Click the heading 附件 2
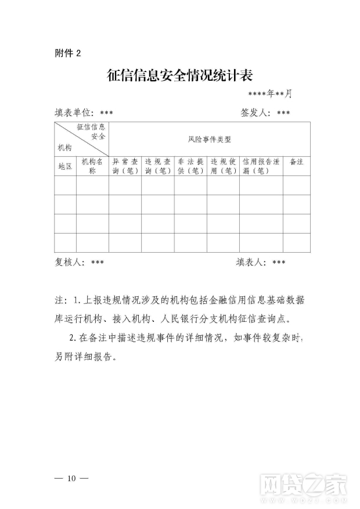pos(68,53)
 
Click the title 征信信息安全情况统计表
pos(180,76)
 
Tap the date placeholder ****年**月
pos(269,94)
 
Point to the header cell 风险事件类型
pos(209,139)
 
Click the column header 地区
pos(65,166)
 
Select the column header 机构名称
pos(92,166)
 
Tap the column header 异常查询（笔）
pos(125,166)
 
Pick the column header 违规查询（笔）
pos(157,166)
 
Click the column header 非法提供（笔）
pos(190,166)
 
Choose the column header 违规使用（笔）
pos(223,166)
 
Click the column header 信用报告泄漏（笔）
pos(261,166)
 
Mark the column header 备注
pos(296,162)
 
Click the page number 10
pos(71,478)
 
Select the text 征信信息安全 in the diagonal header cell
pos(91,131)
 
